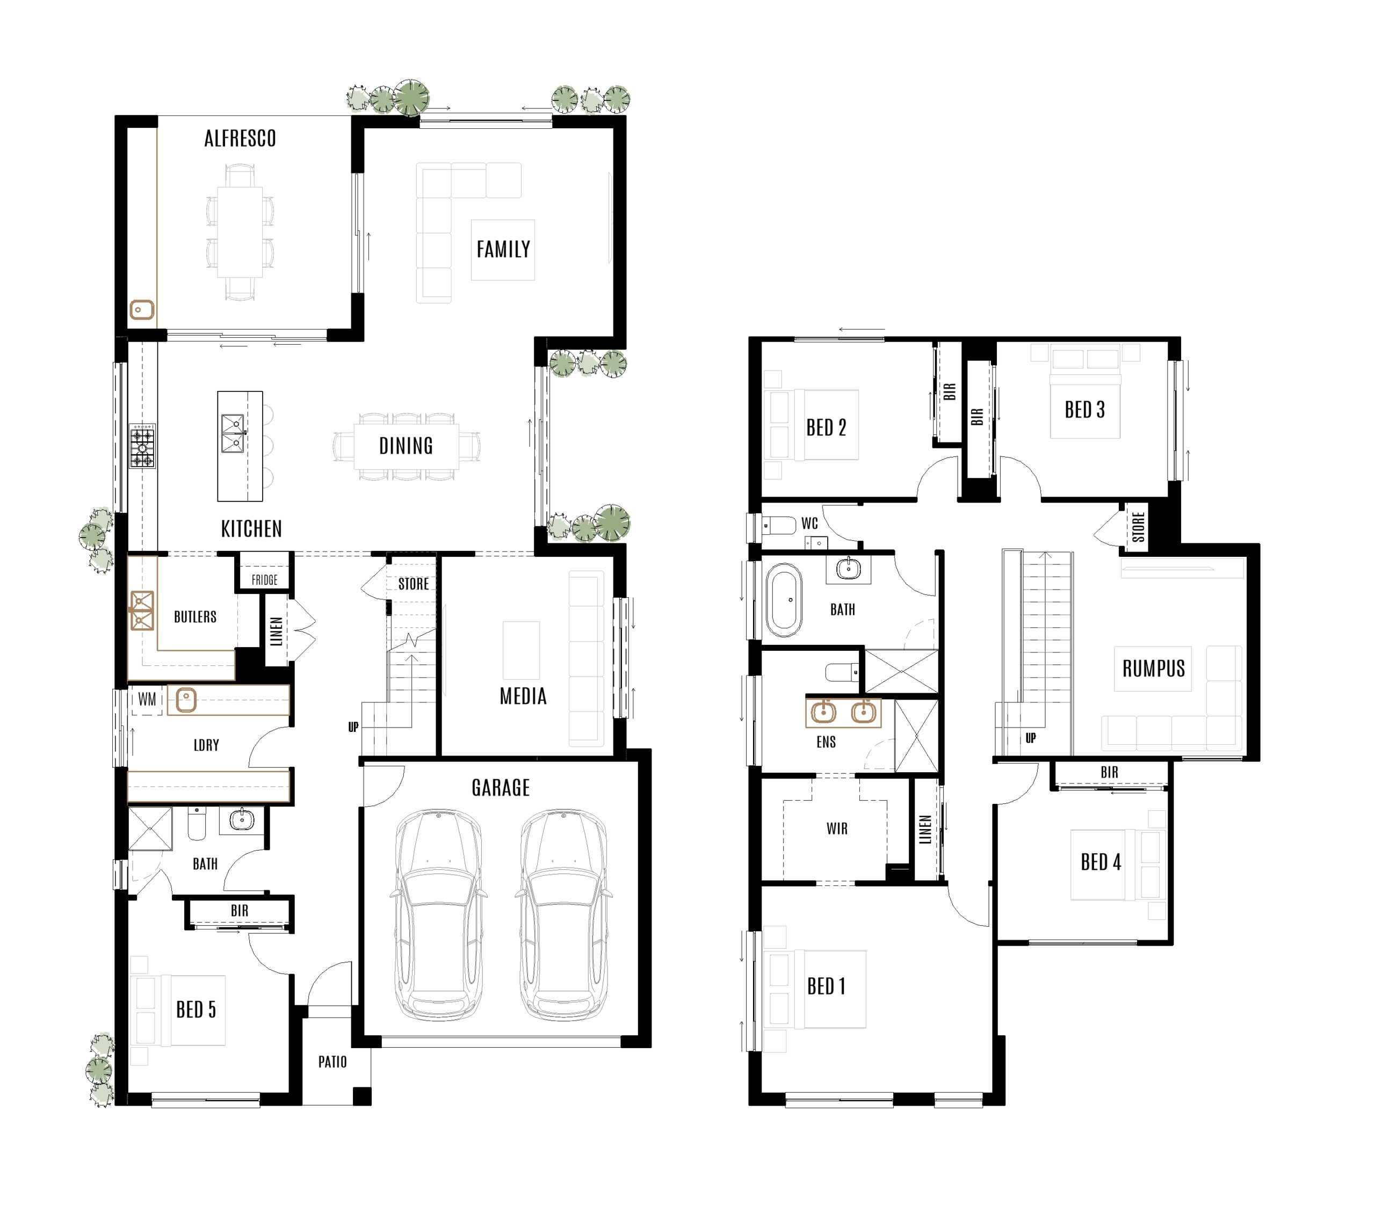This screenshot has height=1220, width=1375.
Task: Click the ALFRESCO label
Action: click(x=240, y=139)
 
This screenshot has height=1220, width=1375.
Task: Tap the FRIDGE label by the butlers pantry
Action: click(x=264, y=580)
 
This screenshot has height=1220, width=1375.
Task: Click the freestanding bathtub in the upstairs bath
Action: click(x=784, y=600)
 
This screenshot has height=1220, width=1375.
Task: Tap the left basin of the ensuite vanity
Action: click(x=823, y=711)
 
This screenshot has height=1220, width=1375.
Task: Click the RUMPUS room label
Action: click(x=1153, y=669)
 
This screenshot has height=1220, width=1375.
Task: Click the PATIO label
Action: click(x=332, y=1062)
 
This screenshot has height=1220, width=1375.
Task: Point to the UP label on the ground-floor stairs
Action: click(x=353, y=727)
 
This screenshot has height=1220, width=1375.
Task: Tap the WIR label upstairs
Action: click(x=837, y=829)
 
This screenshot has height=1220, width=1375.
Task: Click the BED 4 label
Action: click(x=1101, y=862)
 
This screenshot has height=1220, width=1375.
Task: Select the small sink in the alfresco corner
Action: click(x=141, y=310)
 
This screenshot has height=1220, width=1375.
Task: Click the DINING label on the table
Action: click(x=406, y=446)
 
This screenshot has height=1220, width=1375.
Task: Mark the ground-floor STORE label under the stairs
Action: click(x=413, y=584)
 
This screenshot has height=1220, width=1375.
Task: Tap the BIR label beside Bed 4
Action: click(x=1109, y=773)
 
